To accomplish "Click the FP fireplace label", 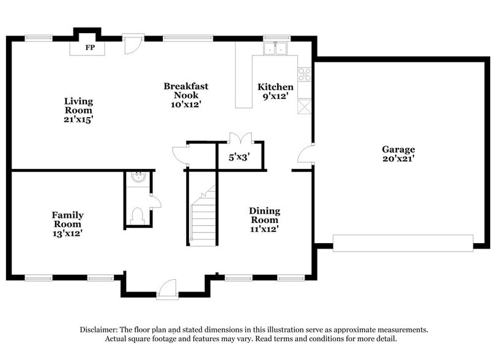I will tap(89, 47).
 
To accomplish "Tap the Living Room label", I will tap(79, 110).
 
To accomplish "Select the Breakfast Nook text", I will tap(185, 95).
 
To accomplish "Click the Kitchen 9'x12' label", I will tap(275, 91).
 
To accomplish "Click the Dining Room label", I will tap(264, 220).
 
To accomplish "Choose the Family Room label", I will tap(67, 223).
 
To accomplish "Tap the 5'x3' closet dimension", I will tap(239, 157).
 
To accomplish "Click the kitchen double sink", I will tap(276, 48).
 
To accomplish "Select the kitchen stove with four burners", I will tap(304, 74).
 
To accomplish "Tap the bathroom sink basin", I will tap(139, 178).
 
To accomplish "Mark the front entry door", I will tap(167, 289).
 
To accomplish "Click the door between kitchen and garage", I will tap(305, 154).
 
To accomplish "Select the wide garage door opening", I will tap(403, 242).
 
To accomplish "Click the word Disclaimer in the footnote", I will tap(100, 329).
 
